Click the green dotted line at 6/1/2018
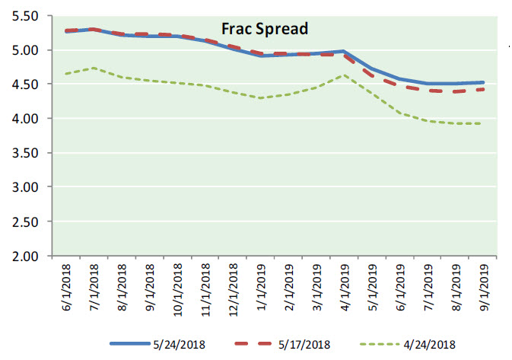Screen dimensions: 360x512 (65, 74)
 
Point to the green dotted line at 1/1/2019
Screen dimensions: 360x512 (260, 98)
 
